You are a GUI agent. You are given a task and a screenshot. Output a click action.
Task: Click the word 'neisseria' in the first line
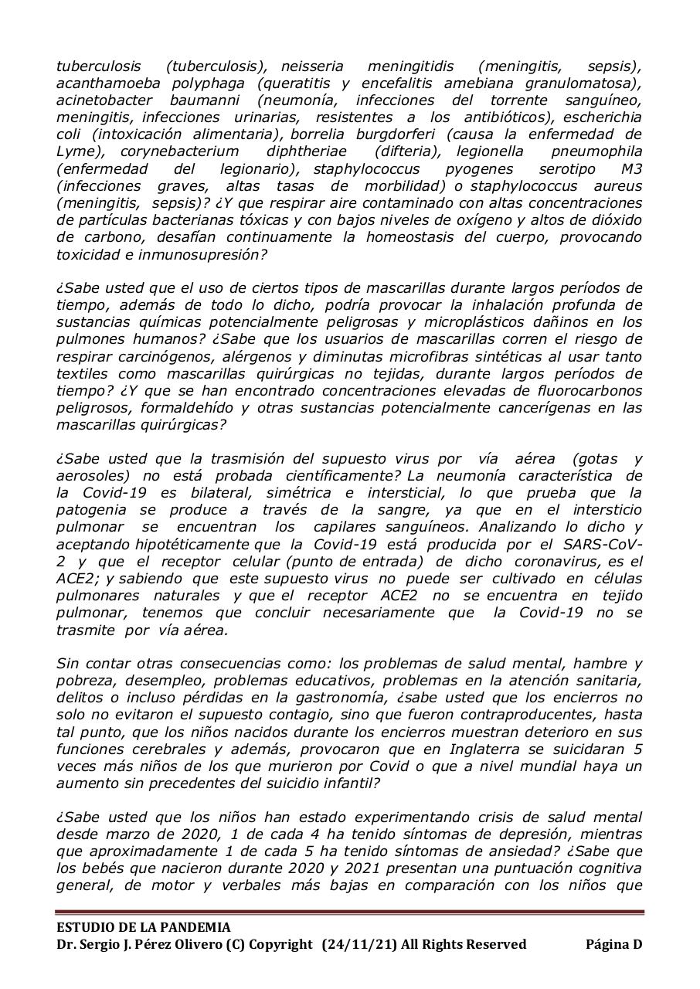click(312, 66)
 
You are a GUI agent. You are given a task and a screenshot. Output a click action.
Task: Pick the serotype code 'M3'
click(630, 168)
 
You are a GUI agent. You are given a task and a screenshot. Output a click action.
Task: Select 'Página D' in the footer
click(613, 944)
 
